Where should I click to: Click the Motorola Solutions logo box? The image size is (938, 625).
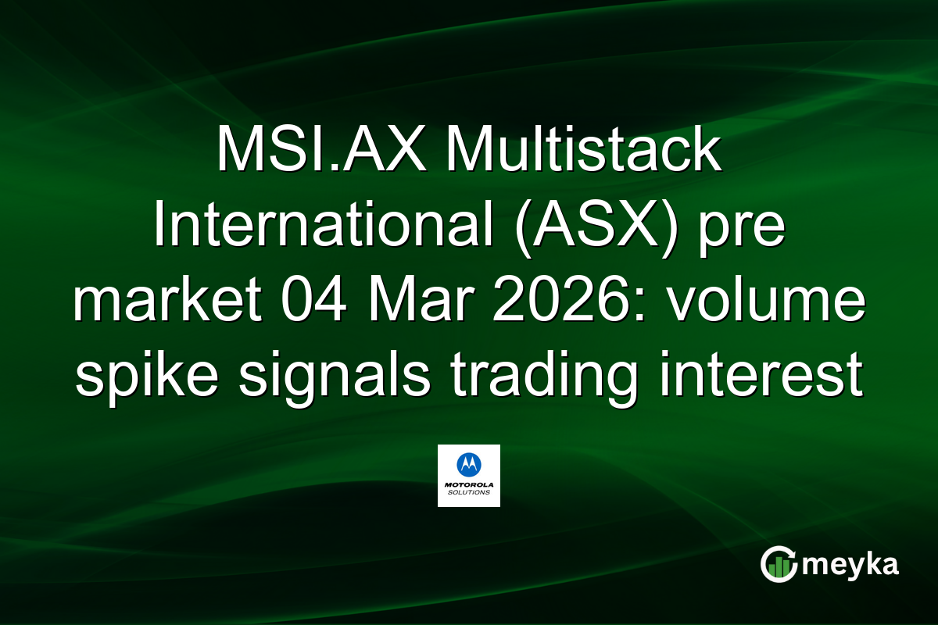pyautogui.click(x=468, y=476)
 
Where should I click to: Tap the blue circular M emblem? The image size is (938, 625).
pyautogui.click(x=468, y=465)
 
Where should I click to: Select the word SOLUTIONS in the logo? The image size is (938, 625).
pyautogui.click(x=468, y=493)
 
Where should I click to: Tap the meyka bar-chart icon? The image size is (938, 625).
pyautogui.click(x=777, y=564)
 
